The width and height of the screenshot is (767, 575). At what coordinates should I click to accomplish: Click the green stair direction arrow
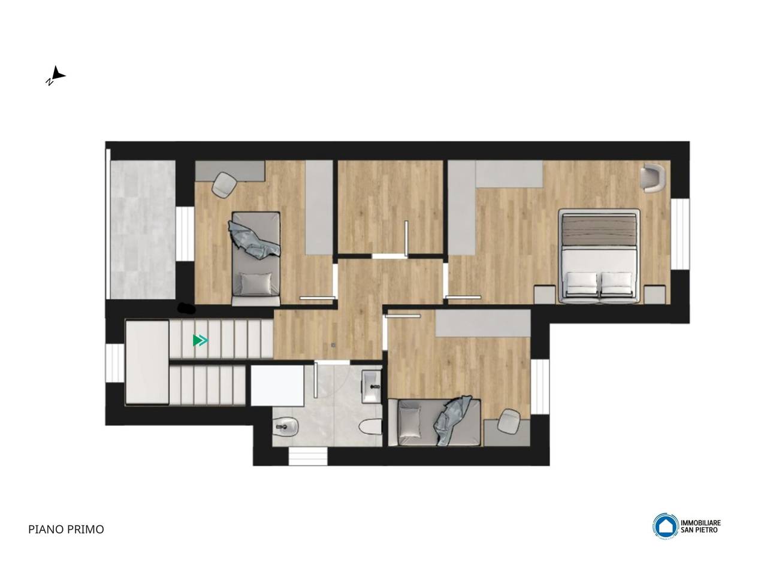200,340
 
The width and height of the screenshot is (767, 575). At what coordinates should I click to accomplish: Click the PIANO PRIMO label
66,529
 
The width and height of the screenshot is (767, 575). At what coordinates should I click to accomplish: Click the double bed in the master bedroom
599,256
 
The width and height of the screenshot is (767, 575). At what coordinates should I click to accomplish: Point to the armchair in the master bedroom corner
653,178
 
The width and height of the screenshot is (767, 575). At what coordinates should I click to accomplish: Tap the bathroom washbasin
372,386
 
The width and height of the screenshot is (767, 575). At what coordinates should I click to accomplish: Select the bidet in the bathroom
285,426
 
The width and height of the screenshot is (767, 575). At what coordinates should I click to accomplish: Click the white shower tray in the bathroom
277,385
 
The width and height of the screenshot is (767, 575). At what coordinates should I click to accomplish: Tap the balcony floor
143,229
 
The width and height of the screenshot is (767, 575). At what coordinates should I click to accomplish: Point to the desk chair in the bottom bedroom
509,422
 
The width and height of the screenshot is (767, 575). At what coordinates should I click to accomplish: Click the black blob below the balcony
186,308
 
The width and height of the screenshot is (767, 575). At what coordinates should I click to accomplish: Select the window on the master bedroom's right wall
680,234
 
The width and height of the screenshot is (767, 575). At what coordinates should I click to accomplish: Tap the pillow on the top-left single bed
256,284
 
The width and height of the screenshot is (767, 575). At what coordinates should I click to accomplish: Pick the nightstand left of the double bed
545,295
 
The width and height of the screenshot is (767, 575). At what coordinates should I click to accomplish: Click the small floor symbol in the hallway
333,345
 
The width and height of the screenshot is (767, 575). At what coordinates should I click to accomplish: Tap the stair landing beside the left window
147,362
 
